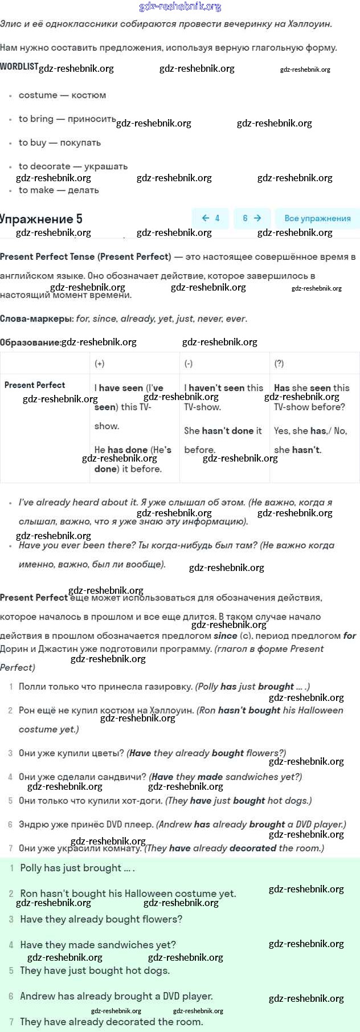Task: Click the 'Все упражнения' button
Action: (x=317, y=218)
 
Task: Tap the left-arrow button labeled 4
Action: (x=210, y=218)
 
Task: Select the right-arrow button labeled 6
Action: (x=251, y=218)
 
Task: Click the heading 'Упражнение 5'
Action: (x=41, y=219)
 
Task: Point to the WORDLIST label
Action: (x=19, y=67)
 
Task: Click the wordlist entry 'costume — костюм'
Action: (x=62, y=95)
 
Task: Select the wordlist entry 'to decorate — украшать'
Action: (x=73, y=166)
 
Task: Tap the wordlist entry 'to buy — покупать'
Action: (x=59, y=142)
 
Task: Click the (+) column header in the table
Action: (x=99, y=364)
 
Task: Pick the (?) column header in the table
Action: (x=279, y=364)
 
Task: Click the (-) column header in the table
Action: (x=189, y=364)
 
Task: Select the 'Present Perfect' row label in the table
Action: (x=35, y=385)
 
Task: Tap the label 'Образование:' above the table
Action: (x=30, y=342)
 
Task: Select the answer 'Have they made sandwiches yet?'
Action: (x=98, y=945)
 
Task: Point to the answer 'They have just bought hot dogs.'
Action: (x=95, y=970)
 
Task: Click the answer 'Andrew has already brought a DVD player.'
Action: (x=116, y=996)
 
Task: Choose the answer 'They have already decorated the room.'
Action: (x=111, y=1022)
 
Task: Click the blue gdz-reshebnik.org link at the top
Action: (x=180, y=7)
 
